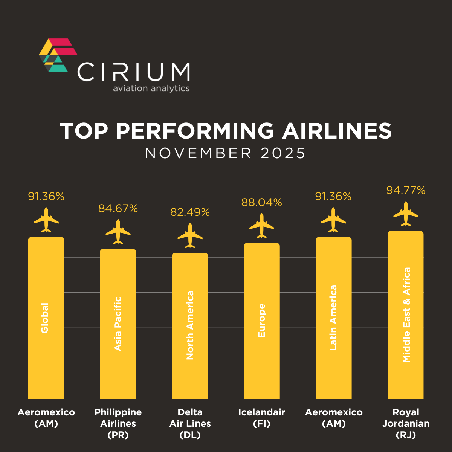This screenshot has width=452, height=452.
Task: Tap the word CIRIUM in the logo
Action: click(x=134, y=72)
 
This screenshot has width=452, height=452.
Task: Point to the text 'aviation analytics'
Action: click(x=151, y=89)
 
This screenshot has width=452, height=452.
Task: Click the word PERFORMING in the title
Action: click(x=195, y=131)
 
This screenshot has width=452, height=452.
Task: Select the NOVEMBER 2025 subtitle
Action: click(x=225, y=153)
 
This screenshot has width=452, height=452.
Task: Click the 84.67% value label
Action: click(x=118, y=208)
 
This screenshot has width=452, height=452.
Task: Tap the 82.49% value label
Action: click(x=190, y=212)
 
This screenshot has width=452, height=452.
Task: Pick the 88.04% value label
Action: click(x=261, y=203)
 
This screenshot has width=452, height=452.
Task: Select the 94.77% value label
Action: click(x=406, y=191)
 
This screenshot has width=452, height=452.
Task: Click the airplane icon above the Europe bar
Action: click(x=262, y=226)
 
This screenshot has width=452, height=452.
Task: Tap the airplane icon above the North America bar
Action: click(x=190, y=235)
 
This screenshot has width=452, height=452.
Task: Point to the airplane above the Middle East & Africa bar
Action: click(x=406, y=214)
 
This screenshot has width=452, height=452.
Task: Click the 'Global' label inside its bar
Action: click(x=45, y=318)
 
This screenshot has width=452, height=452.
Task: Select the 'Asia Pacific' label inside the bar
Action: click(x=118, y=324)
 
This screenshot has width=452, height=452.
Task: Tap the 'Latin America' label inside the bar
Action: click(x=333, y=318)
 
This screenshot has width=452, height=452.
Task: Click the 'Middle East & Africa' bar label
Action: click(x=406, y=315)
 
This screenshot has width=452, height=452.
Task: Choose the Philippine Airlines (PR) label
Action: click(x=118, y=423)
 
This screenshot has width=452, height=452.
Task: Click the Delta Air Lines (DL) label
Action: click(x=190, y=423)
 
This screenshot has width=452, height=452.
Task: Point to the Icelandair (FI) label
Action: click(x=262, y=418)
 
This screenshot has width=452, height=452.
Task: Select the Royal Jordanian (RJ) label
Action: click(x=406, y=423)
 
